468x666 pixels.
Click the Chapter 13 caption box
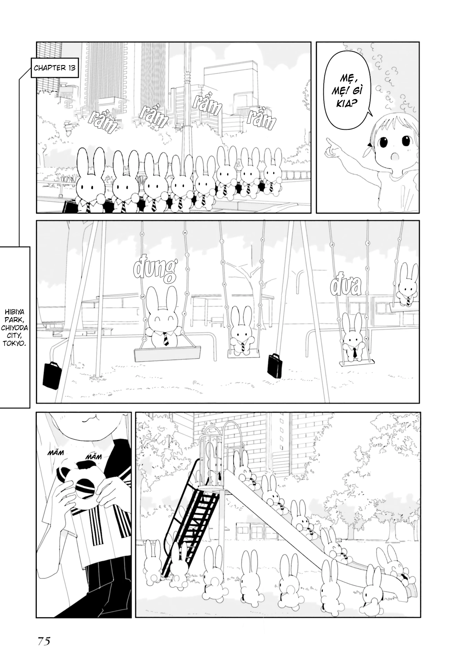click(x=54, y=68)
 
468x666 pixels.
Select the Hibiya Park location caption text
click(x=15, y=327)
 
